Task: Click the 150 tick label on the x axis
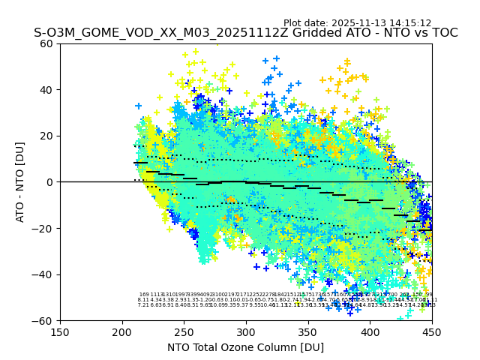60,332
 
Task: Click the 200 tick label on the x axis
122,332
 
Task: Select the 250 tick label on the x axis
184,332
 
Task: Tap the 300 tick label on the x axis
246,332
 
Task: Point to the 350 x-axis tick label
308,332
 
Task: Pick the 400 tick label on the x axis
370,332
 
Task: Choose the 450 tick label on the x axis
432,332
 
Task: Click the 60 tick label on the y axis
47,43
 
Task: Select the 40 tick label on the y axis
47,90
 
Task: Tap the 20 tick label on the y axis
47,136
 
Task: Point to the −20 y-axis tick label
44,228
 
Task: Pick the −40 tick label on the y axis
44,274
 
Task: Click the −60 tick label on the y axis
44,320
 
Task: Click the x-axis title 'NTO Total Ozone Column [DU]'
246,347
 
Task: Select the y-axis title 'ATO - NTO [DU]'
20,182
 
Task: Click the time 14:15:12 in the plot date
409,23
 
